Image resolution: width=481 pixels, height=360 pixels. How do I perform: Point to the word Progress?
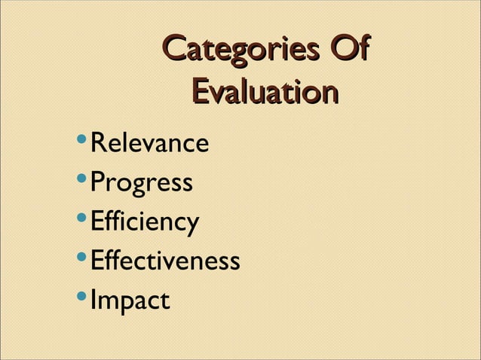pyautogui.click(x=141, y=183)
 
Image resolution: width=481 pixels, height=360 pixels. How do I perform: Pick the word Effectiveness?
pyautogui.click(x=165, y=261)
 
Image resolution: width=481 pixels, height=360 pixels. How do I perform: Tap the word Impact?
pyautogui.click(x=130, y=301)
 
